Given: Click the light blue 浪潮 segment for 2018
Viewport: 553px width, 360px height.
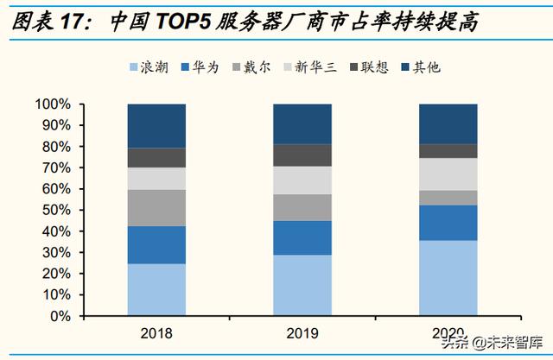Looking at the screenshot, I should click(156, 289).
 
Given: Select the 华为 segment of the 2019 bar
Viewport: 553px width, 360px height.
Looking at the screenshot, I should click(302, 237).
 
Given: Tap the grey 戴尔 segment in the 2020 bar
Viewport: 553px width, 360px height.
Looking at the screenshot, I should click(448, 198).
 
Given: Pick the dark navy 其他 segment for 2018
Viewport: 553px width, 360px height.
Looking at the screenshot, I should click(156, 126).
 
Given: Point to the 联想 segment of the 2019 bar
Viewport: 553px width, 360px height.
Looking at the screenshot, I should click(302, 155).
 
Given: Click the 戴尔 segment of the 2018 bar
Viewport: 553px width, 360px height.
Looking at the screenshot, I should click(156, 208).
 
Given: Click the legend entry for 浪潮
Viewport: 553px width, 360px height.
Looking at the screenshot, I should click(148, 66).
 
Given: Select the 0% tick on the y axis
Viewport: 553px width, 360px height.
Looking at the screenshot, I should click(59, 316).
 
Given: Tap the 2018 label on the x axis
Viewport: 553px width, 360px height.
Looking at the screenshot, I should click(156, 332).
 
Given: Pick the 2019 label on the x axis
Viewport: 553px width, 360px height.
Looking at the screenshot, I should click(302, 332).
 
